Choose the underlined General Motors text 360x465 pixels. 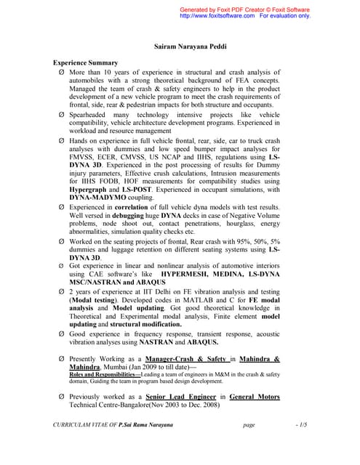tap(255, 397)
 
